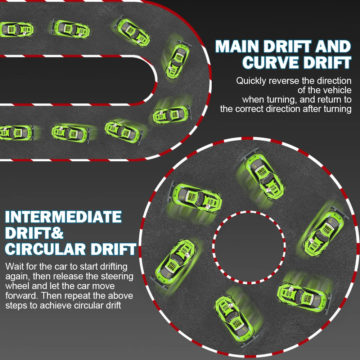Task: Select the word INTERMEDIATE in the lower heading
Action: pyautogui.click(x=63, y=217)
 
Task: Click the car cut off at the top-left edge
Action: pyautogui.click(x=16, y=28)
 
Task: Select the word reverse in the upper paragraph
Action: pyautogui.click(x=287, y=81)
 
